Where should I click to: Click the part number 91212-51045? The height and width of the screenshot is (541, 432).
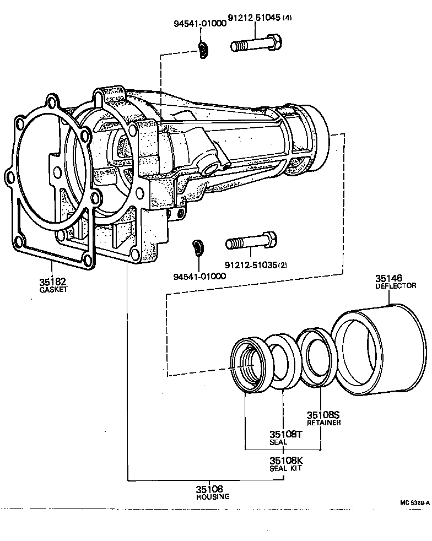(255, 18)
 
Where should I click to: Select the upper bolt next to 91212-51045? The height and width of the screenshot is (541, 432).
(257, 42)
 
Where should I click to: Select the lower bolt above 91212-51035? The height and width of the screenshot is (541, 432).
(251, 242)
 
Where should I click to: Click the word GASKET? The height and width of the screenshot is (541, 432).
(52, 289)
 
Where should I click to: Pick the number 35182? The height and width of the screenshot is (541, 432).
(52, 282)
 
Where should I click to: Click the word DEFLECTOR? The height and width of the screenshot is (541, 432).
(396, 286)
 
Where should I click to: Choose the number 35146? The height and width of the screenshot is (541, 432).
(389, 279)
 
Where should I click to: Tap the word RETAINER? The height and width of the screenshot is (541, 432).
(323, 423)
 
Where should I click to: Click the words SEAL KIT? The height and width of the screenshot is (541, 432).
(285, 468)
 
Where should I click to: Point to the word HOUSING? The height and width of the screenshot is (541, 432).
(213, 496)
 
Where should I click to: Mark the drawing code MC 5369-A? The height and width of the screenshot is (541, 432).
(414, 502)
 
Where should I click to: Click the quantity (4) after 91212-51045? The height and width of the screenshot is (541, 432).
(287, 18)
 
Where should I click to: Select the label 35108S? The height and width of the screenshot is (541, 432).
(323, 415)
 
